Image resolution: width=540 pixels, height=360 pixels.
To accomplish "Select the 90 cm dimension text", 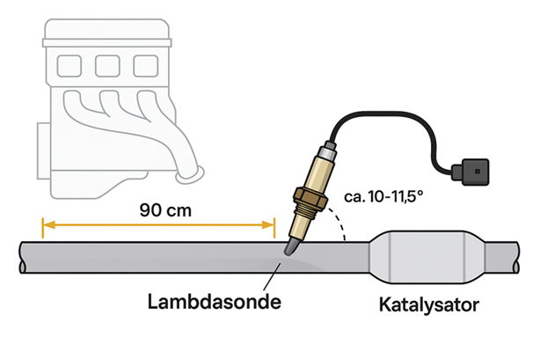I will [165, 211].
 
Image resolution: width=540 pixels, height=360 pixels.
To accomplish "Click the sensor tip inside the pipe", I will [289, 252].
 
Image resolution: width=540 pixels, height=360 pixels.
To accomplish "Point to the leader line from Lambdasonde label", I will [269, 277].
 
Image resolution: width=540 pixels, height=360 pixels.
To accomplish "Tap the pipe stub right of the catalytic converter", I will [511, 256].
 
